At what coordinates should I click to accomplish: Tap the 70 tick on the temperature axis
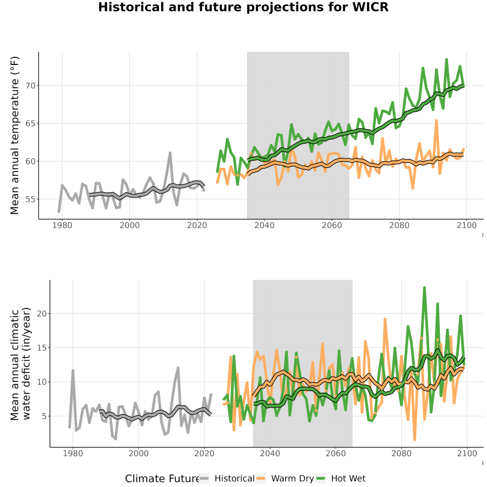coord(30,85)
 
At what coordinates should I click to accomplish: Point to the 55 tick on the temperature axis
coord(30,199)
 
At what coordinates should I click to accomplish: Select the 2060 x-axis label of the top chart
coord(332,225)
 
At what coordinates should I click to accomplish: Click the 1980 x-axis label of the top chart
coord(62,225)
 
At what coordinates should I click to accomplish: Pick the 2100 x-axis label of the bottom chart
coord(467,453)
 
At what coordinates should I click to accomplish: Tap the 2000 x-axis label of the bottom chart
coord(139,453)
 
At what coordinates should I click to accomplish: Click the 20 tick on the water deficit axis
coord(42,314)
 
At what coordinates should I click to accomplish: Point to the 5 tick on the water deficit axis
coord(44,416)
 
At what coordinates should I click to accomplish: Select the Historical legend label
coord(234,479)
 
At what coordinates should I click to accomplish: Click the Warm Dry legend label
coord(293,479)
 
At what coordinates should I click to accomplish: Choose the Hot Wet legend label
coord(348,479)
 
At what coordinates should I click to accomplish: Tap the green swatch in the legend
coord(320,479)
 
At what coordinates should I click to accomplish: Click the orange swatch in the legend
coord(261,479)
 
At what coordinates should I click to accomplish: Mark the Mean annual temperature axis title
coord(15,135)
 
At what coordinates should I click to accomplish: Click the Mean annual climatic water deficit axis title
coord(20,364)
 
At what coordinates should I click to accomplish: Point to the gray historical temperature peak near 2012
coord(170,153)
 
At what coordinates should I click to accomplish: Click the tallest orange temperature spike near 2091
coord(436,121)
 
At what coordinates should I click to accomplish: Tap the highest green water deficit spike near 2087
coord(424,288)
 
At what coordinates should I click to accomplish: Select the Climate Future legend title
coord(162,479)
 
